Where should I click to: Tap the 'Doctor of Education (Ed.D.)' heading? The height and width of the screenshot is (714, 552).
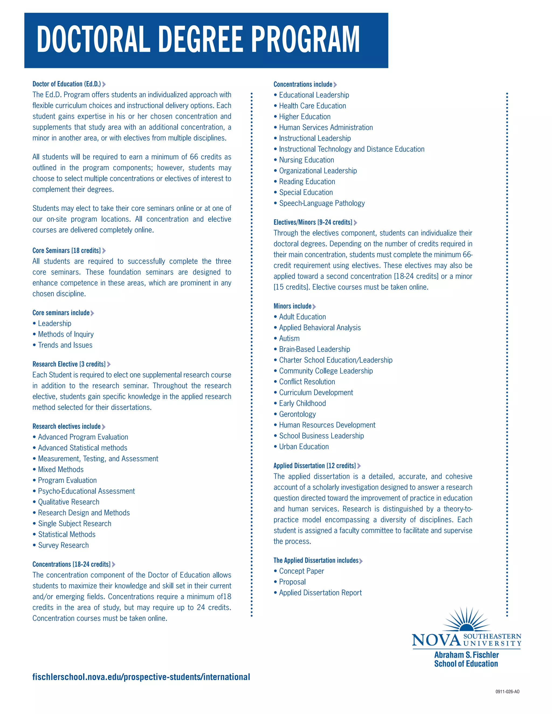(67, 84)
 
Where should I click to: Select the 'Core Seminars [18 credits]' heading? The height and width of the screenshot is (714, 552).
(67, 250)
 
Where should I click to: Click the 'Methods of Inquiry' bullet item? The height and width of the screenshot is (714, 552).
(66, 334)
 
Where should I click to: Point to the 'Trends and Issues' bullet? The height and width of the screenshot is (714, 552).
(65, 345)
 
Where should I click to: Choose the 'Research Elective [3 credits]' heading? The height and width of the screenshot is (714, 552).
(69, 364)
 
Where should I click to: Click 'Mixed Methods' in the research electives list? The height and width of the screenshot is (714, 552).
(61, 469)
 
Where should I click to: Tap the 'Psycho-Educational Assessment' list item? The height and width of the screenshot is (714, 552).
(86, 491)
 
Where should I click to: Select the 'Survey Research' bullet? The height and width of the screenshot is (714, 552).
(63, 545)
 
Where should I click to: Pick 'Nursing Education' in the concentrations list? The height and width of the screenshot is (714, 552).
(306, 160)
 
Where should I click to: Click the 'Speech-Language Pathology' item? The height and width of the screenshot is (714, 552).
(322, 203)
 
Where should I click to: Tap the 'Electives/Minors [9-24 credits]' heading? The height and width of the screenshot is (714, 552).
(313, 222)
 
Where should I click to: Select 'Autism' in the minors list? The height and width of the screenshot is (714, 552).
(289, 338)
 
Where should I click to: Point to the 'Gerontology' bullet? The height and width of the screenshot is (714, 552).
(297, 414)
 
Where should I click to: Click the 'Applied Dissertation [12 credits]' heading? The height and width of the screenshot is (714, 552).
(315, 466)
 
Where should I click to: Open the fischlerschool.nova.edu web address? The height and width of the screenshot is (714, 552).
(141, 677)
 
